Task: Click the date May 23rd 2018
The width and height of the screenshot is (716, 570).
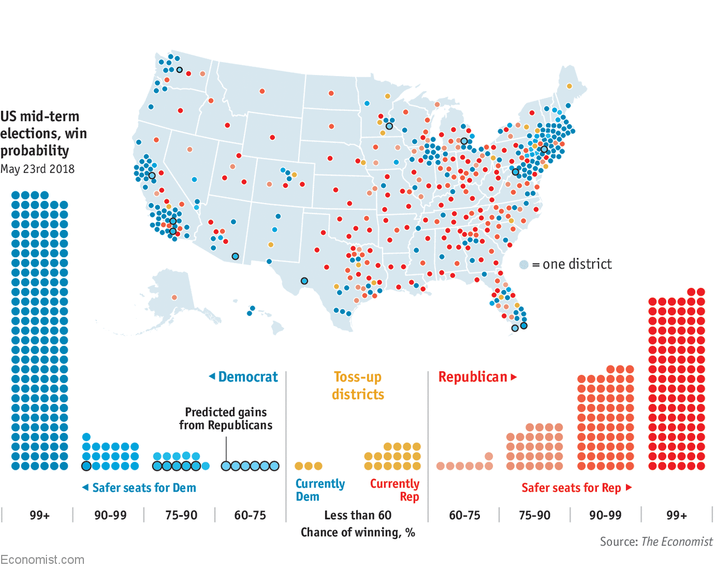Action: (x=37, y=169)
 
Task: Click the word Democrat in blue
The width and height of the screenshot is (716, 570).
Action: (x=248, y=377)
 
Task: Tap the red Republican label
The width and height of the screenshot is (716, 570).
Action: (x=473, y=377)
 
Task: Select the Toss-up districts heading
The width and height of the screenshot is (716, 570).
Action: (x=358, y=385)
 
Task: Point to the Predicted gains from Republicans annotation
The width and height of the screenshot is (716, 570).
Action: (x=226, y=418)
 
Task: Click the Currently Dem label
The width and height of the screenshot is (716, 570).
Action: (x=320, y=490)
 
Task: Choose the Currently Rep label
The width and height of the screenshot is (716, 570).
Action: (x=395, y=490)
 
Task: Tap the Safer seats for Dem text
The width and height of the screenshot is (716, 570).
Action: (x=144, y=488)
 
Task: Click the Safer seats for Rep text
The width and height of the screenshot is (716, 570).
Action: (x=571, y=488)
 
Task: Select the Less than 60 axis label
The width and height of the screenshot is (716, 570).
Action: (x=358, y=515)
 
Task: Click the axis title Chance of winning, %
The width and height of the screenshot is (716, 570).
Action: (x=358, y=533)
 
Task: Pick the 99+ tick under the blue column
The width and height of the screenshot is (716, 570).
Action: (x=40, y=515)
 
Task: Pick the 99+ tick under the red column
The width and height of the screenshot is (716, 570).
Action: (x=677, y=515)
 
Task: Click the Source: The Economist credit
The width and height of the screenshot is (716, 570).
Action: (x=656, y=541)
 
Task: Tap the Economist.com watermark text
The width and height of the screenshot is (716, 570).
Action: (x=43, y=559)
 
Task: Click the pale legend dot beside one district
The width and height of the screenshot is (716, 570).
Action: (x=524, y=265)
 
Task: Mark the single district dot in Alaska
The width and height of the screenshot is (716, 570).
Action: (x=175, y=298)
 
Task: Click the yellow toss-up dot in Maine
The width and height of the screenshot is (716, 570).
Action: (x=569, y=86)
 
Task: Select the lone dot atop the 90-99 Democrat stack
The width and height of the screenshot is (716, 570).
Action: (x=86, y=437)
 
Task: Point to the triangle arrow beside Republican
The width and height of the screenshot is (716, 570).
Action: (x=514, y=377)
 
